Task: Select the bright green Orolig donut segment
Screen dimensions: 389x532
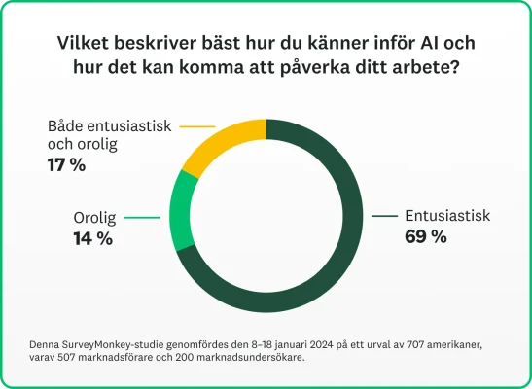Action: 182,211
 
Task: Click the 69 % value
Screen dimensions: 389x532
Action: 426,236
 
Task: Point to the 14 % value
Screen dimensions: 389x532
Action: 93,238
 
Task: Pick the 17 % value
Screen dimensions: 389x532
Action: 66,164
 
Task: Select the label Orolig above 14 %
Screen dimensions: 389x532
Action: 98,218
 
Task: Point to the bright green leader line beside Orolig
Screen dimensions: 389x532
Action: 142,218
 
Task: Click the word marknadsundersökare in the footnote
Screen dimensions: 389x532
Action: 246,357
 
